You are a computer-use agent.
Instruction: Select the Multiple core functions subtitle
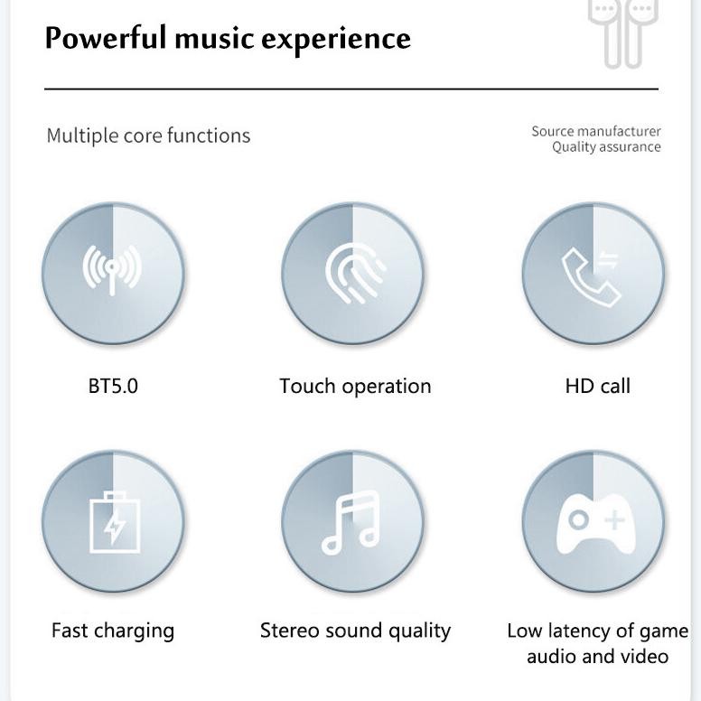[148, 136]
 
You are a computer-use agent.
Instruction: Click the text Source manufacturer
[595, 131]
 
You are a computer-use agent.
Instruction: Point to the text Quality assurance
[606, 147]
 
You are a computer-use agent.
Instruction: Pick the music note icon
[351, 522]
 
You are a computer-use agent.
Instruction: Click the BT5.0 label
[113, 386]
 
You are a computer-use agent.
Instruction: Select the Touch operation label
[355, 386]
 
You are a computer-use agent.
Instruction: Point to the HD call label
[597, 386]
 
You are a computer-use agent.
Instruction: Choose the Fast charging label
[113, 630]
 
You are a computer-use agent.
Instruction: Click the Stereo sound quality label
[355, 630]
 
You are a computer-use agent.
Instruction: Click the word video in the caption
[646, 656]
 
